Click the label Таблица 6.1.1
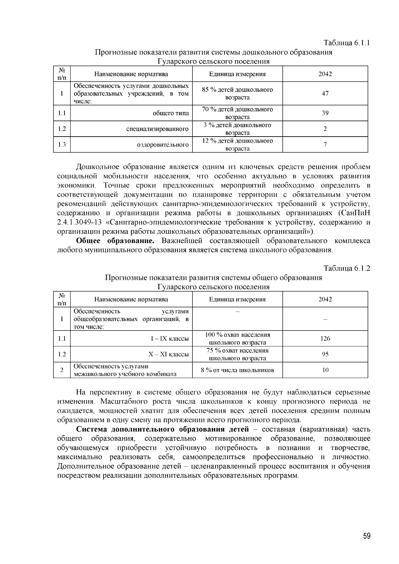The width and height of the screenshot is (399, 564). (347, 43)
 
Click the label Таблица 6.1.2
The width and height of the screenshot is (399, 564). (347, 269)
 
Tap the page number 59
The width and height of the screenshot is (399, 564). (366, 536)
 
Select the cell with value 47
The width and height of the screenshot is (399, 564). (325, 93)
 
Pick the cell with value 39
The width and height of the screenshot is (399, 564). (325, 113)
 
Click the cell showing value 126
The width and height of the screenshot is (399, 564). (325, 338)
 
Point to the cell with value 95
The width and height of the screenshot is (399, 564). (325, 354)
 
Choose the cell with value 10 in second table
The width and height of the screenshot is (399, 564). (325, 370)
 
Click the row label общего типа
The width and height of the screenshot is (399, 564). (171, 113)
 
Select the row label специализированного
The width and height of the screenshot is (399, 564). (157, 129)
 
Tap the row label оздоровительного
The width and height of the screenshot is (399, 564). (163, 145)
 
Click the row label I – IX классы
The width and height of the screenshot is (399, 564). (170, 339)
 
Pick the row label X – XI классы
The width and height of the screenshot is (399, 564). (168, 354)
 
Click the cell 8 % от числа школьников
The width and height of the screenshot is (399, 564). (237, 370)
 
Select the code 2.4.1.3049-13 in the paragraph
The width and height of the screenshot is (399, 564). (79, 222)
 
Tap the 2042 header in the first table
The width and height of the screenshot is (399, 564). (325, 74)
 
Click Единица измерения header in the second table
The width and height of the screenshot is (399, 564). (237, 299)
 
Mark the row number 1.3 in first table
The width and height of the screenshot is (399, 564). (62, 145)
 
